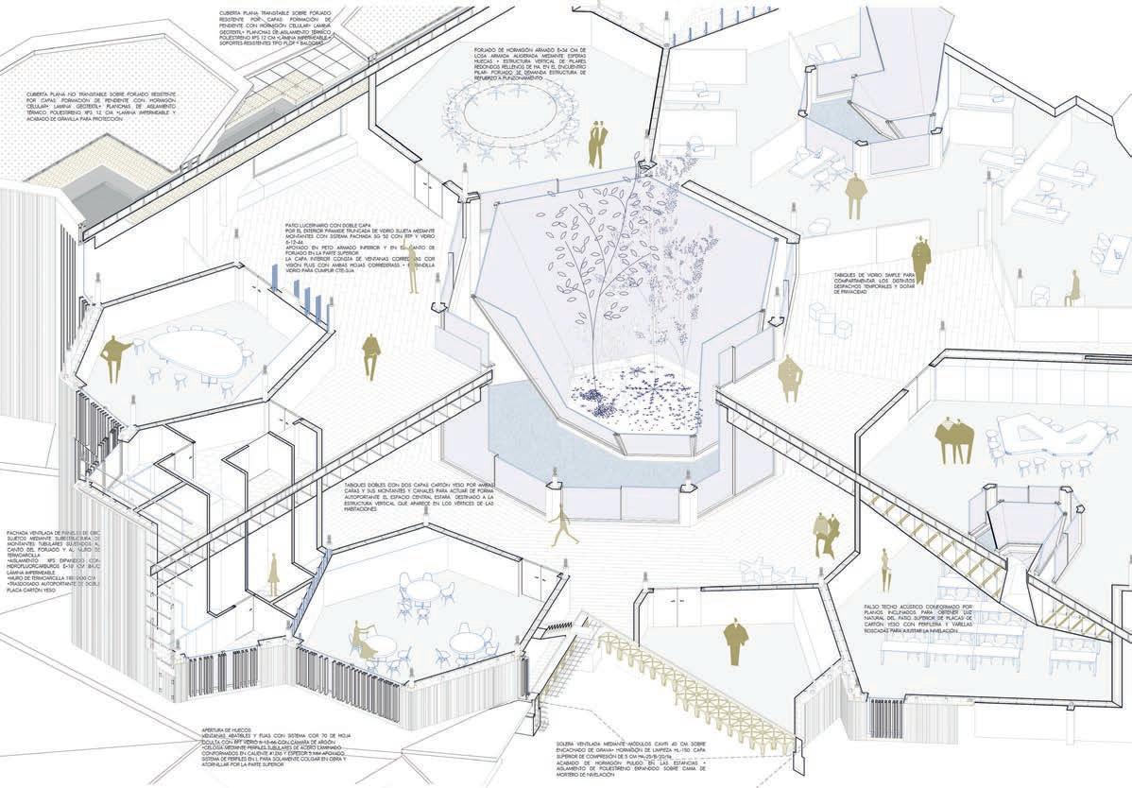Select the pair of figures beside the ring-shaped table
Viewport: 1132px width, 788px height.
click(x=597, y=138)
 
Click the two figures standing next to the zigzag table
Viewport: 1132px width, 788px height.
click(x=953, y=436)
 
